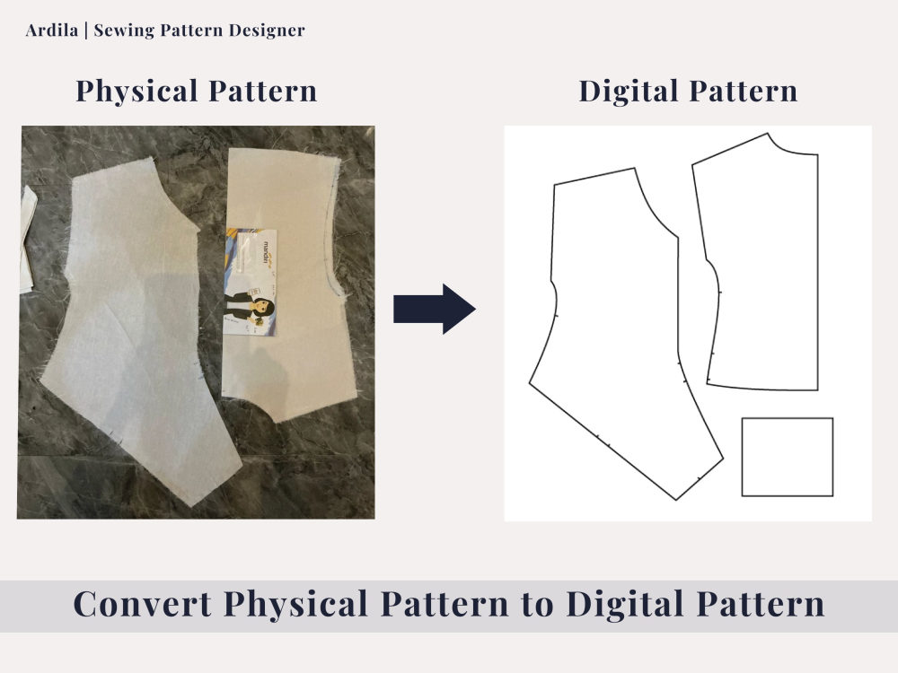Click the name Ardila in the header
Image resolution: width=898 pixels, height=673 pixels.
coord(51,30)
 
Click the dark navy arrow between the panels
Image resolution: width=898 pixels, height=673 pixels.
coord(434,309)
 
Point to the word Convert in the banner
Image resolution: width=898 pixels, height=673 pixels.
coord(143,604)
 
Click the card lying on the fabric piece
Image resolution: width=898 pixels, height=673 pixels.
coord(251,282)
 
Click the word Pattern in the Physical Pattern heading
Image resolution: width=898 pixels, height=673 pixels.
coord(262,92)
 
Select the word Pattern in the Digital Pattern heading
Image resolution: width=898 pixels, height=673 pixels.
coord(743,92)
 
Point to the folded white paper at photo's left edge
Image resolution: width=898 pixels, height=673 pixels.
coord(28,240)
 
